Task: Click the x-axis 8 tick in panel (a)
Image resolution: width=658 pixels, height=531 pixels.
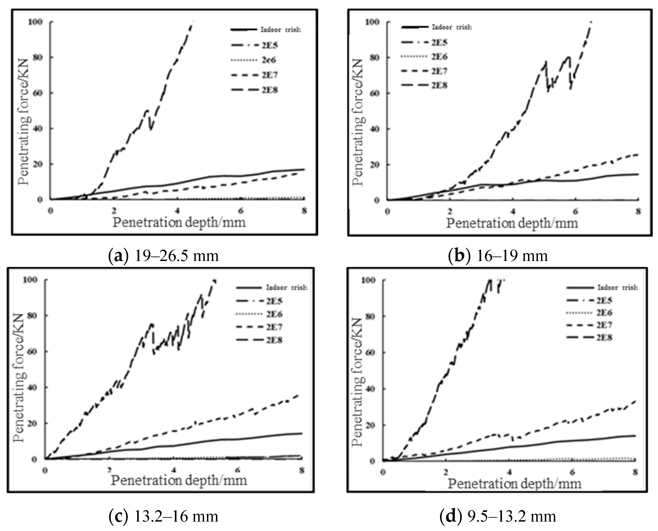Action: [304, 211]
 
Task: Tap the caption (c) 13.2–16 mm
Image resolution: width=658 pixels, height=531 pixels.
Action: [164, 517]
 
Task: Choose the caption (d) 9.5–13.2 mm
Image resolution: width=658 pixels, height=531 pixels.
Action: [498, 517]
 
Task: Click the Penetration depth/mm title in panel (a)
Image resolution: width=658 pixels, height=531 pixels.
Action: [179, 222]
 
